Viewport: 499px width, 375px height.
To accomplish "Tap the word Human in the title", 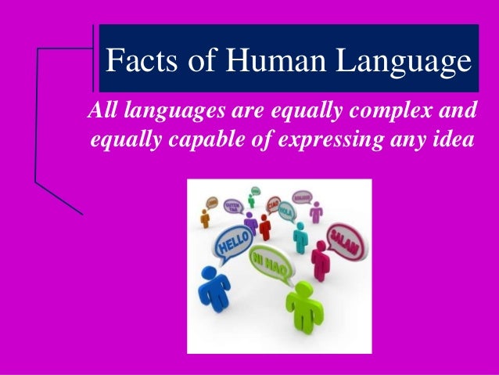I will pyautogui.click(x=255, y=59).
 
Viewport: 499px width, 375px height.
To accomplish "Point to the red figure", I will pyautogui.click(x=265, y=228).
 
